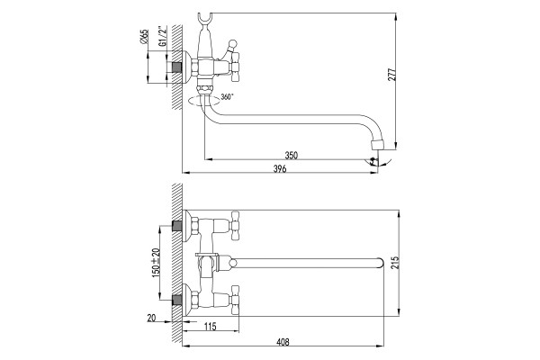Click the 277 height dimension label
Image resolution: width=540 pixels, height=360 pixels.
(x=392, y=74)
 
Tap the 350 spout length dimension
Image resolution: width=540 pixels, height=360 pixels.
(x=292, y=156)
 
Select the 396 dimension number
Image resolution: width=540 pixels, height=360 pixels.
(x=280, y=169)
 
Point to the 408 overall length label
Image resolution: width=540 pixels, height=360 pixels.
(x=283, y=342)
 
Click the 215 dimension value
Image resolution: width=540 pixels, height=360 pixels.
(x=395, y=263)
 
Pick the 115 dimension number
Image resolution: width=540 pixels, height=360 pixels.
(x=210, y=327)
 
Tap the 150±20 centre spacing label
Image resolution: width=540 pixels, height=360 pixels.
(x=156, y=263)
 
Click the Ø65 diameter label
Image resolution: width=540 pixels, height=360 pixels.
(x=145, y=36)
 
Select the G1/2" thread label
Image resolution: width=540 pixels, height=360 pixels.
(x=163, y=36)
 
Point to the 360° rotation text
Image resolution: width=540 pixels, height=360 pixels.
(x=227, y=96)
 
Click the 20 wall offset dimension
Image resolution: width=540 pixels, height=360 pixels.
(x=151, y=319)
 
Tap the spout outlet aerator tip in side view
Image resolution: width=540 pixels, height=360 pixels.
(x=378, y=144)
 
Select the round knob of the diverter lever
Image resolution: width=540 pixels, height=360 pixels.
(x=233, y=44)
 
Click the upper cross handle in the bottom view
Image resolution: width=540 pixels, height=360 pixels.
(x=235, y=226)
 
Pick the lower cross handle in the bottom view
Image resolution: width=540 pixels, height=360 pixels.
(x=235, y=301)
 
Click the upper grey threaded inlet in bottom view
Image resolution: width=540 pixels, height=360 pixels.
(x=177, y=226)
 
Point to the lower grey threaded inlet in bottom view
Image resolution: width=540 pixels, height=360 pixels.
(x=177, y=301)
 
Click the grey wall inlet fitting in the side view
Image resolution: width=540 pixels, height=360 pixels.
(x=177, y=67)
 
